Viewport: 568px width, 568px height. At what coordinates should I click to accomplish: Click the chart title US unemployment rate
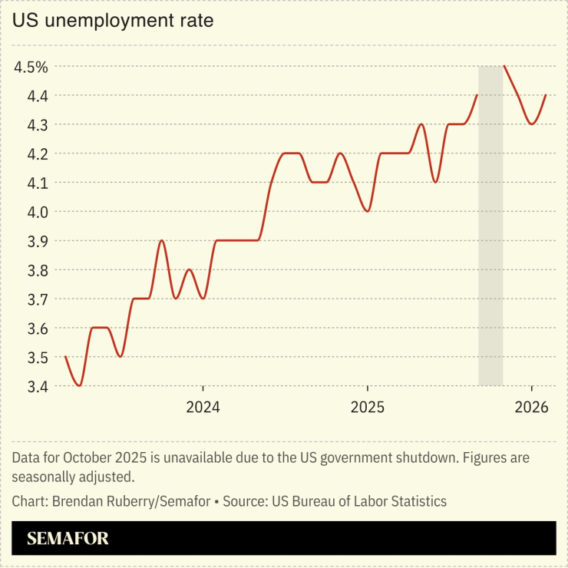tap(112, 21)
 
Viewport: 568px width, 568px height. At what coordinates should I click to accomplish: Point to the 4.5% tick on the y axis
tap(31, 67)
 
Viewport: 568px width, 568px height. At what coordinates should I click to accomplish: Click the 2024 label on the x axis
tap(203, 407)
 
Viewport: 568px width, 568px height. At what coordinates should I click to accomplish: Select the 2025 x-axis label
tap(368, 407)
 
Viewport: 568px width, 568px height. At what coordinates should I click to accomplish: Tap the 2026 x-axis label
tap(532, 407)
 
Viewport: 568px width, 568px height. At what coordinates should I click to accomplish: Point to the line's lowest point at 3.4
tap(79, 385)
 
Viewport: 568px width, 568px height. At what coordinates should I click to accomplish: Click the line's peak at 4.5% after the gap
tap(504, 67)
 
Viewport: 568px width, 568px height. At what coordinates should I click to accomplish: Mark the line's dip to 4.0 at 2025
tap(368, 210)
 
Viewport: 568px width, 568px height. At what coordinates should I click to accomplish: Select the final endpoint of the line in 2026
tap(546, 95)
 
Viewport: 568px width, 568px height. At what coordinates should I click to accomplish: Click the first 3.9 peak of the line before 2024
tap(161, 241)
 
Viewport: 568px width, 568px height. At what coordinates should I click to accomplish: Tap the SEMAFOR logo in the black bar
tap(68, 538)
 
